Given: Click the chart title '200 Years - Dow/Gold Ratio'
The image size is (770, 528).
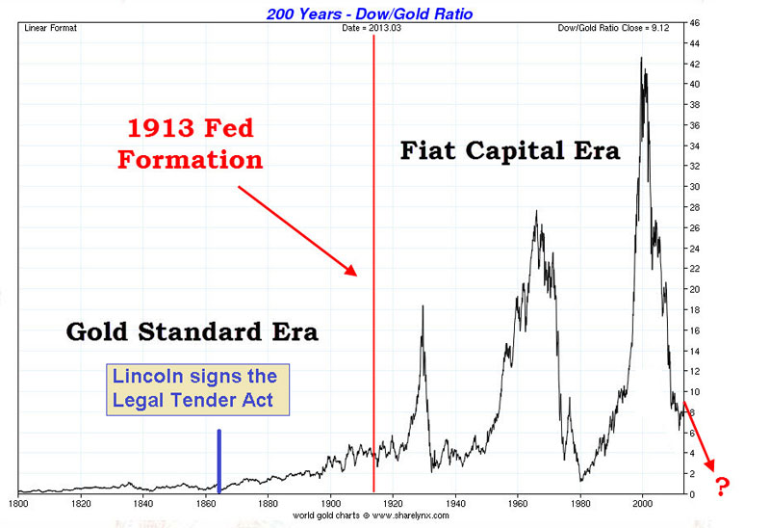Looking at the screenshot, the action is pyautogui.click(x=370, y=13).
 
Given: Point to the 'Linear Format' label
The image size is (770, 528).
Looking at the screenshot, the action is pyautogui.click(x=51, y=28).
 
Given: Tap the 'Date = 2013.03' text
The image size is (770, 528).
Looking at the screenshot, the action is pyautogui.click(x=372, y=28).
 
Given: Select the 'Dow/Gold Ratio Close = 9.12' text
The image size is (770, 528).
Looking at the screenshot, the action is pyautogui.click(x=613, y=28).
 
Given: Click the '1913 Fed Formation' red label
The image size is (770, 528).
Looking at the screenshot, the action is pyautogui.click(x=190, y=144).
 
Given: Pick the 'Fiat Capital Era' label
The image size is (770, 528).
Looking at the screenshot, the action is pyautogui.click(x=510, y=150).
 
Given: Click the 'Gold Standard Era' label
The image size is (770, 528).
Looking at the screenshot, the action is pyautogui.click(x=192, y=331).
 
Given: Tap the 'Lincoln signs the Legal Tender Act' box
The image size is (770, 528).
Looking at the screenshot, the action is pyautogui.click(x=198, y=390).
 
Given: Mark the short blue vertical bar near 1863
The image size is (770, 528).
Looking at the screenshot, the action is pyautogui.click(x=219, y=461).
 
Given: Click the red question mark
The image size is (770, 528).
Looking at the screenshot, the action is pyautogui.click(x=722, y=487).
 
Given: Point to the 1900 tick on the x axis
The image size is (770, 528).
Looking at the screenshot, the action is pyautogui.click(x=330, y=503).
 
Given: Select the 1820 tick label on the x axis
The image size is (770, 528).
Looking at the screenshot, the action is pyautogui.click(x=81, y=503).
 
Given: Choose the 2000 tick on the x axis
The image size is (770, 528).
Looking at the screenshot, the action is pyautogui.click(x=642, y=503).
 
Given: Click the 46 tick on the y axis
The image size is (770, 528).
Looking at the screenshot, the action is pyautogui.click(x=694, y=23).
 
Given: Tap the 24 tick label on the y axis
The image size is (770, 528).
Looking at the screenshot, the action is pyautogui.click(x=694, y=249).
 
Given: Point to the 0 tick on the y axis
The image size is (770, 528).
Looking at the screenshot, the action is pyautogui.click(x=692, y=494).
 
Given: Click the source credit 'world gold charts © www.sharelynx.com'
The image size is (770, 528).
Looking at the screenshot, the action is pyautogui.click(x=371, y=515).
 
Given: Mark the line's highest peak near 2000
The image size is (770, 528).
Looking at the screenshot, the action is pyautogui.click(x=641, y=58).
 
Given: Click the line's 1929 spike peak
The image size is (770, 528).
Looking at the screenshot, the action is pyautogui.click(x=423, y=306).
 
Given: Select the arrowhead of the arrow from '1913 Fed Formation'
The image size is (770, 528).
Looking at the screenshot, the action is pyautogui.click(x=351, y=270).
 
